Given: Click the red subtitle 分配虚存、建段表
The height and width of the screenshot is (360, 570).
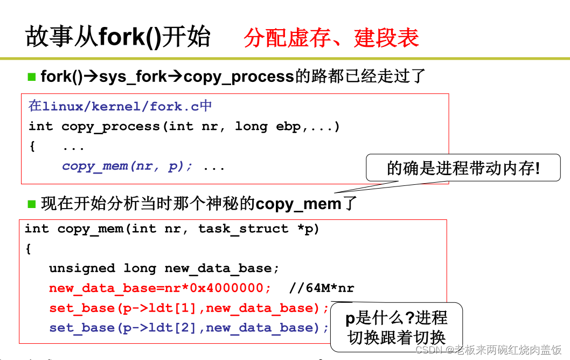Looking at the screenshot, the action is (331, 38).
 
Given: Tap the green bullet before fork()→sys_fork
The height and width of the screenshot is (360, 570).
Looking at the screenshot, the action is (31, 76).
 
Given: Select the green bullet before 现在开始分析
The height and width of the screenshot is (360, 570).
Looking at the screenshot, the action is (31, 204).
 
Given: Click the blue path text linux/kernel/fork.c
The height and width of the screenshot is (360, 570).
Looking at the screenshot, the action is (120, 106).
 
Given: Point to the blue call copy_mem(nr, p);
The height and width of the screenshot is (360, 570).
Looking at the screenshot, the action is (127, 166).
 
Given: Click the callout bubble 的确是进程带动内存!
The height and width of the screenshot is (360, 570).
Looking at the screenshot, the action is (463, 169).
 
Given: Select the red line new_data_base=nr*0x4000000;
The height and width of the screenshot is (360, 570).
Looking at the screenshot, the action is (160, 288).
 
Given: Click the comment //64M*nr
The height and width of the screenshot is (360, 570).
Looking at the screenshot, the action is (321, 288).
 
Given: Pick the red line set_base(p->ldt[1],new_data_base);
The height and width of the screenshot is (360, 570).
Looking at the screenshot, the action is (189, 308).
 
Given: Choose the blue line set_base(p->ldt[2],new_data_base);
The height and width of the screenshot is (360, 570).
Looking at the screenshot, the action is (189, 328).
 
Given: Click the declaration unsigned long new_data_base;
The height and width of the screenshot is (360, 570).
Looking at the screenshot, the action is (164, 268).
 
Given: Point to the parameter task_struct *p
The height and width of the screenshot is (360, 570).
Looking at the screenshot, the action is (259, 229).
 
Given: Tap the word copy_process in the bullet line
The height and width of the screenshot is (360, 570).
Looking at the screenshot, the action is (239, 77).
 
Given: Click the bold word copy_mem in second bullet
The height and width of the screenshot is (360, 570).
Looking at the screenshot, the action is (298, 204).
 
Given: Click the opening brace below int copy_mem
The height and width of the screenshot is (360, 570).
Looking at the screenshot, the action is (28, 248).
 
